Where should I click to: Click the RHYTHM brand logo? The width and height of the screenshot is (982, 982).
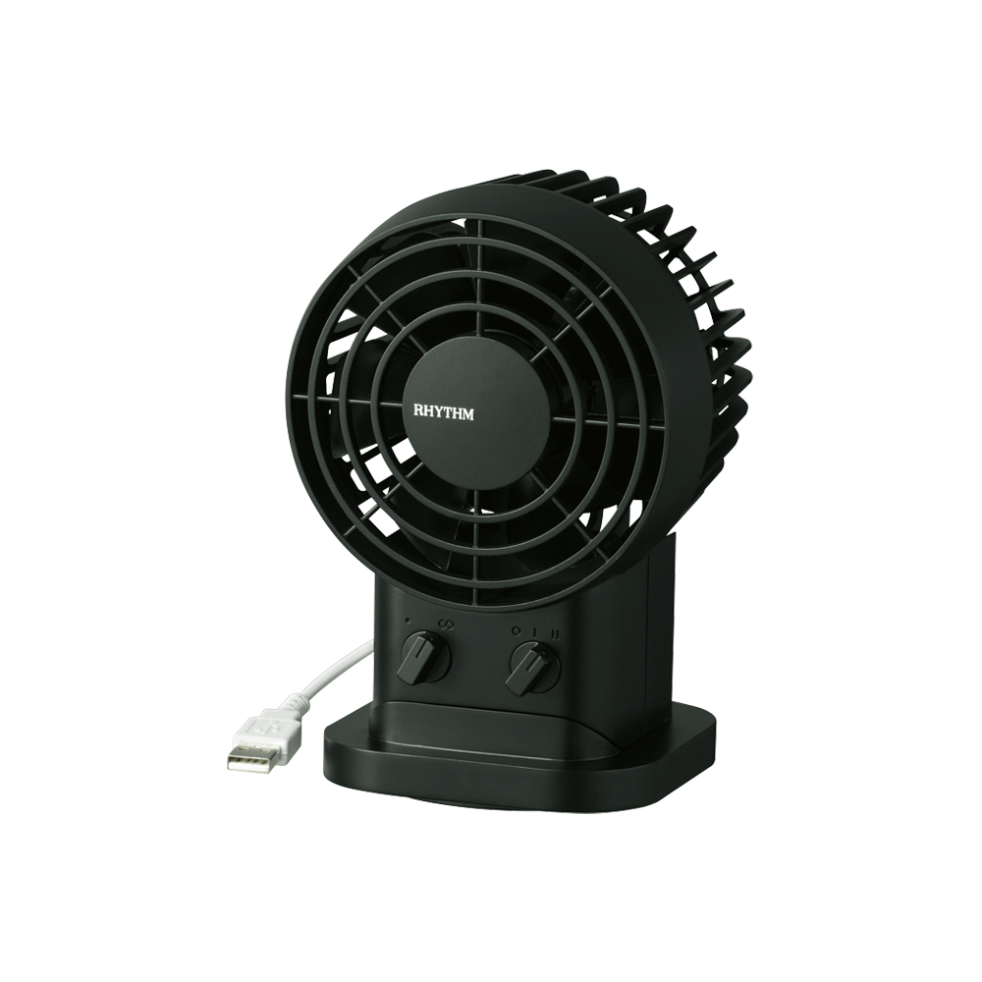pos(444,413)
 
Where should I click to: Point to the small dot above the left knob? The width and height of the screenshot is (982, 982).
pos(408,622)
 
